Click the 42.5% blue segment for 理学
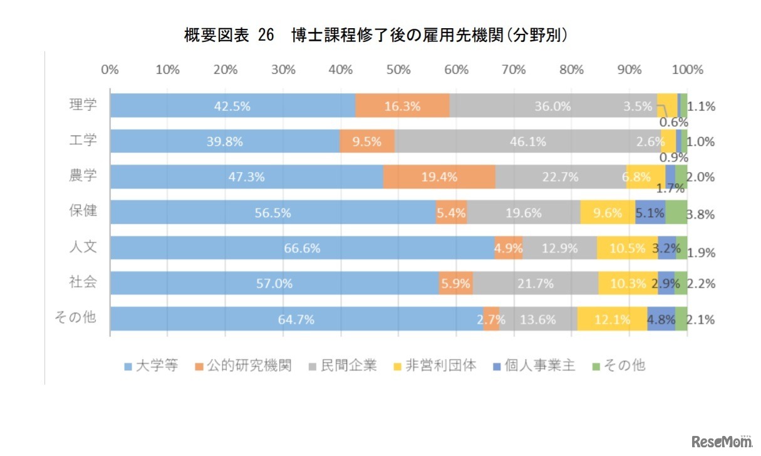tap(232, 106)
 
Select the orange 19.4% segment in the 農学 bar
tap(439, 177)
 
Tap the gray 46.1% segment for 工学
tap(527, 141)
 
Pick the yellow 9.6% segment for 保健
tap(608, 213)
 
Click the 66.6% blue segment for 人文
tap(302, 248)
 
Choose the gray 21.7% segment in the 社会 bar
tap(536, 283)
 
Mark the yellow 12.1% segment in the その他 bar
tap(612, 319)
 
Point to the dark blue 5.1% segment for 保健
tap(650, 213)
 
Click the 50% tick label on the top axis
tap(398, 69)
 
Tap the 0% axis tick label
tap(110, 69)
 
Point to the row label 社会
tap(83, 281)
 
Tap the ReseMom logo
tap(722, 442)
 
